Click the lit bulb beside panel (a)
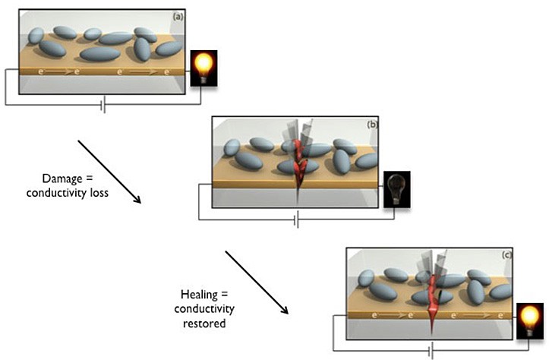pyautogui.click(x=204, y=68)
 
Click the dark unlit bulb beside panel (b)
pyautogui.click(x=397, y=189)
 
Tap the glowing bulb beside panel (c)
pyautogui.click(x=530, y=321)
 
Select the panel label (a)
pyautogui.click(x=178, y=17)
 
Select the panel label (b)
pyautogui.click(x=372, y=125)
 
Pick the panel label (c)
pyautogui.click(x=506, y=255)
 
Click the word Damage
pyautogui.click(x=62, y=178)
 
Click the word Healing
pyautogui.click(x=199, y=295)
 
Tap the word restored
pyautogui.click(x=204, y=323)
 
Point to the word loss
pyautogui.click(x=99, y=193)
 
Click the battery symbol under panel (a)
pyautogui.click(x=103, y=104)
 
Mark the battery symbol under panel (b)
pyautogui.click(x=297, y=219)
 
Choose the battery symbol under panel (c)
pyautogui.click(x=431, y=350)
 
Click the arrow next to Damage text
pyautogui.click(x=109, y=172)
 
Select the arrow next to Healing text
pyautogui.click(x=257, y=283)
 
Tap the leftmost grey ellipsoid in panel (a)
pyautogui.click(x=36, y=36)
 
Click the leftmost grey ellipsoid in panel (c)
pyautogui.click(x=366, y=278)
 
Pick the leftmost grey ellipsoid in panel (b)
pyautogui.click(x=232, y=147)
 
